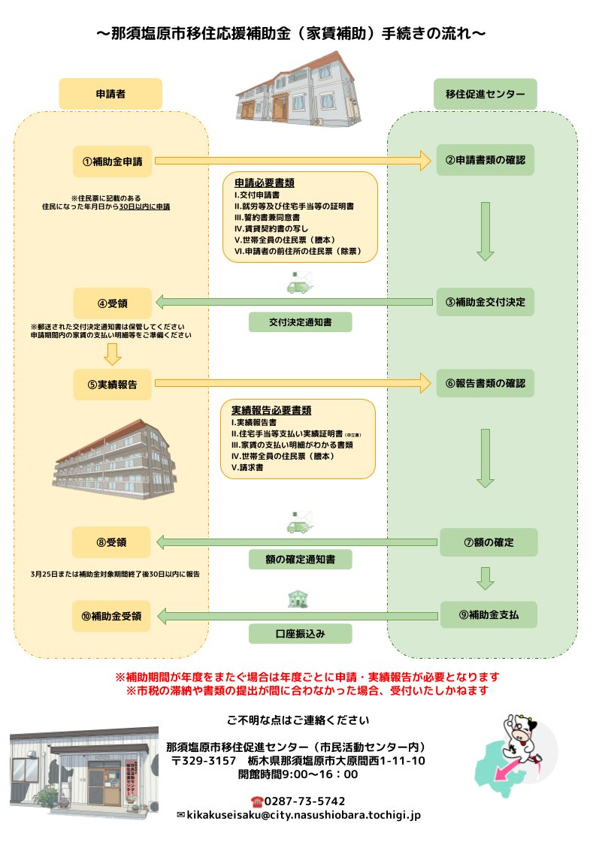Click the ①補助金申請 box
[113, 160]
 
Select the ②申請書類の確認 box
[486, 160]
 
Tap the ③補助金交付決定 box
[486, 302]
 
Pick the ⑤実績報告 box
[113, 384]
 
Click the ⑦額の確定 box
[488, 542]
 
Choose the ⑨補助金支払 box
[488, 615]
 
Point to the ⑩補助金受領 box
[112, 616]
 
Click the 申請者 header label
[110, 94]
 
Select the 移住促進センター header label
[486, 94]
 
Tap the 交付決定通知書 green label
[300, 322]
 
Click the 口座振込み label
[300, 634]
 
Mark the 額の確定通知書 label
[300, 560]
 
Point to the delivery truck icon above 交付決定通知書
[299, 284]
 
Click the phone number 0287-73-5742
[304, 801]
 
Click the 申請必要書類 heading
[264, 183]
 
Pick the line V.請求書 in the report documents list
[247, 467]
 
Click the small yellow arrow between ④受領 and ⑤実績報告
[113, 353]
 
